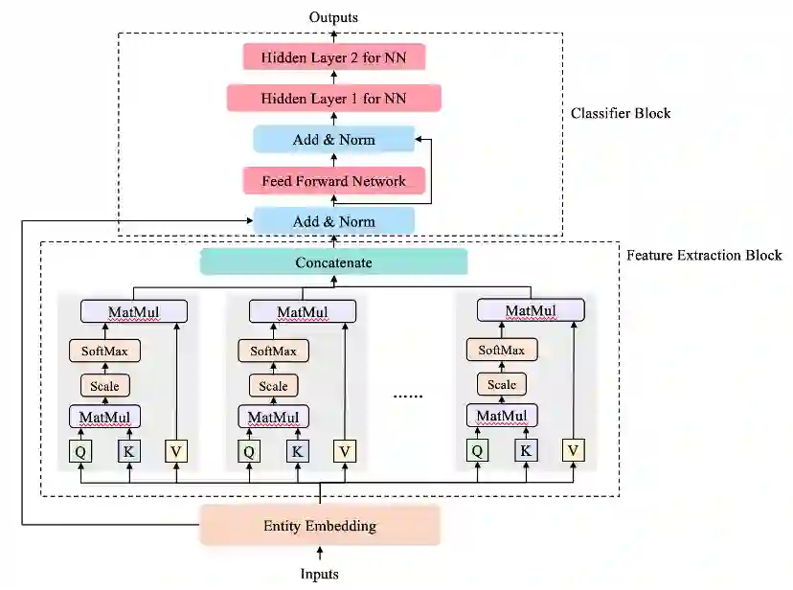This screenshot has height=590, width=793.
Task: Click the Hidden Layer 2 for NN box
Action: (334, 57)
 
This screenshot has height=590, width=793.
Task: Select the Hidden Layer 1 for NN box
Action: (334, 98)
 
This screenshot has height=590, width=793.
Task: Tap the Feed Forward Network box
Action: (334, 180)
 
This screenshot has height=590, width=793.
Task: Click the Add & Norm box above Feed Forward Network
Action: (334, 140)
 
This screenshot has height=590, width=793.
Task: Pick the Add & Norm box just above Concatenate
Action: (334, 221)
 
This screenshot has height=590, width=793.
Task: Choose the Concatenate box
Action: (334, 261)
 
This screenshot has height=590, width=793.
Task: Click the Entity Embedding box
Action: (320, 525)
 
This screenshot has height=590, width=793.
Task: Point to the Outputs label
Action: (334, 17)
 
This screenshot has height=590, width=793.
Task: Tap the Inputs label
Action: (319, 574)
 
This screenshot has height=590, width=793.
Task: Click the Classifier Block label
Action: (621, 113)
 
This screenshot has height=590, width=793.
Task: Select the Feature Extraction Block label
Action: (704, 255)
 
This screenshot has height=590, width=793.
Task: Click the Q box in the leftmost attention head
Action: (80, 451)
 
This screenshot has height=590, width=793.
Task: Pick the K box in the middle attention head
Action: (297, 451)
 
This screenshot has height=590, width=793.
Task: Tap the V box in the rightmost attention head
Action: (573, 450)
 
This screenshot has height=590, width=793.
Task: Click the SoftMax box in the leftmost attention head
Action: (104, 351)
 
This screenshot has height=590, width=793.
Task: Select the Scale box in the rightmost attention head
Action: (502, 385)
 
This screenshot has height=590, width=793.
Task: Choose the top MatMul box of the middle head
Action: (303, 311)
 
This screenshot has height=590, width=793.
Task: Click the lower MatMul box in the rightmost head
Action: (502, 416)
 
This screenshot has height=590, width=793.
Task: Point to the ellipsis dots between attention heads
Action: (408, 397)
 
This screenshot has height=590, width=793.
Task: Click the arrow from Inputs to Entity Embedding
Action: (320, 553)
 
